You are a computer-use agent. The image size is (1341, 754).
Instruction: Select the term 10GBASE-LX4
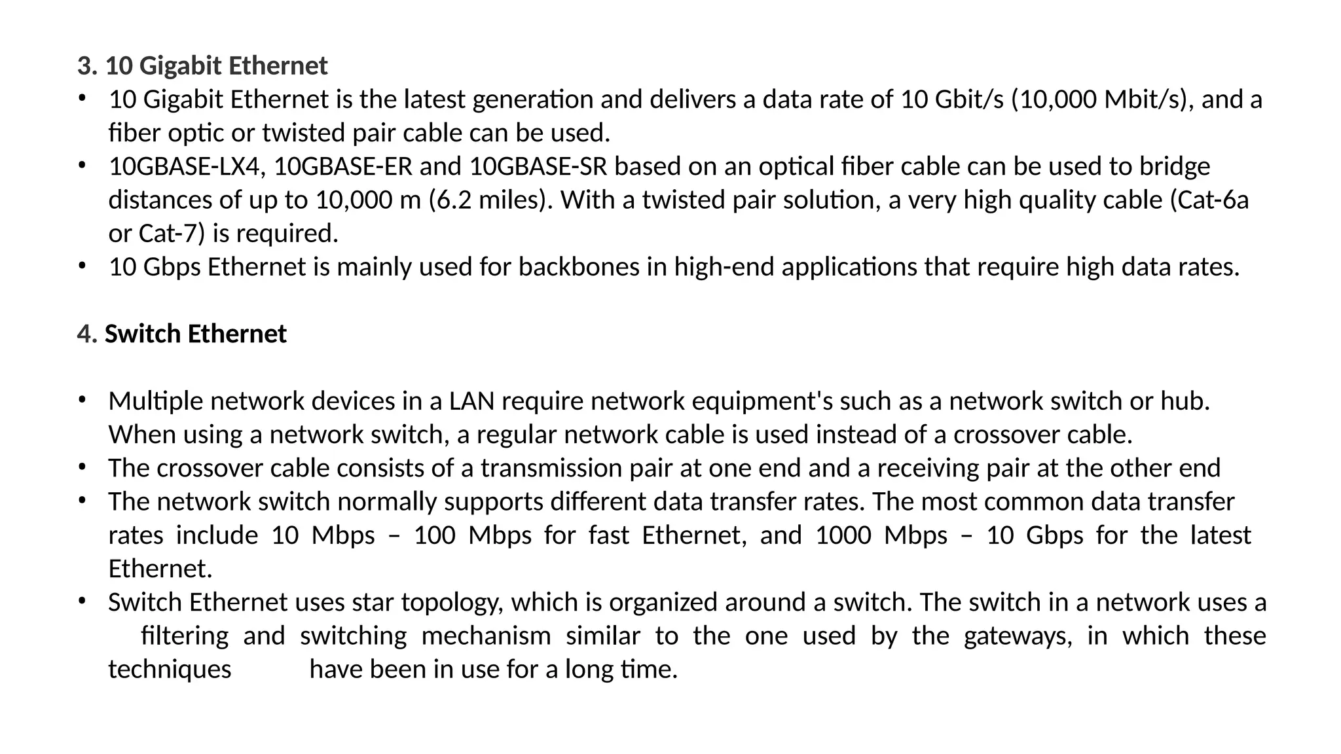click(187, 166)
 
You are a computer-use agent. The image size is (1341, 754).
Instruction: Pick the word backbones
click(579, 267)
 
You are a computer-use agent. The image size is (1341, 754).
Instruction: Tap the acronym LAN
click(471, 401)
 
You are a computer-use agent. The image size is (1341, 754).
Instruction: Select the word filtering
click(185, 636)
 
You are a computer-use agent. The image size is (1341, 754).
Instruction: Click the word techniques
click(170, 670)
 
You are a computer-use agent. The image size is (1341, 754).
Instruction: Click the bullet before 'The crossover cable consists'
click(81, 467)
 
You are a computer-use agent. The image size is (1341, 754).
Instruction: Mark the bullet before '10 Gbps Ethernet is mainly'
click(81, 266)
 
